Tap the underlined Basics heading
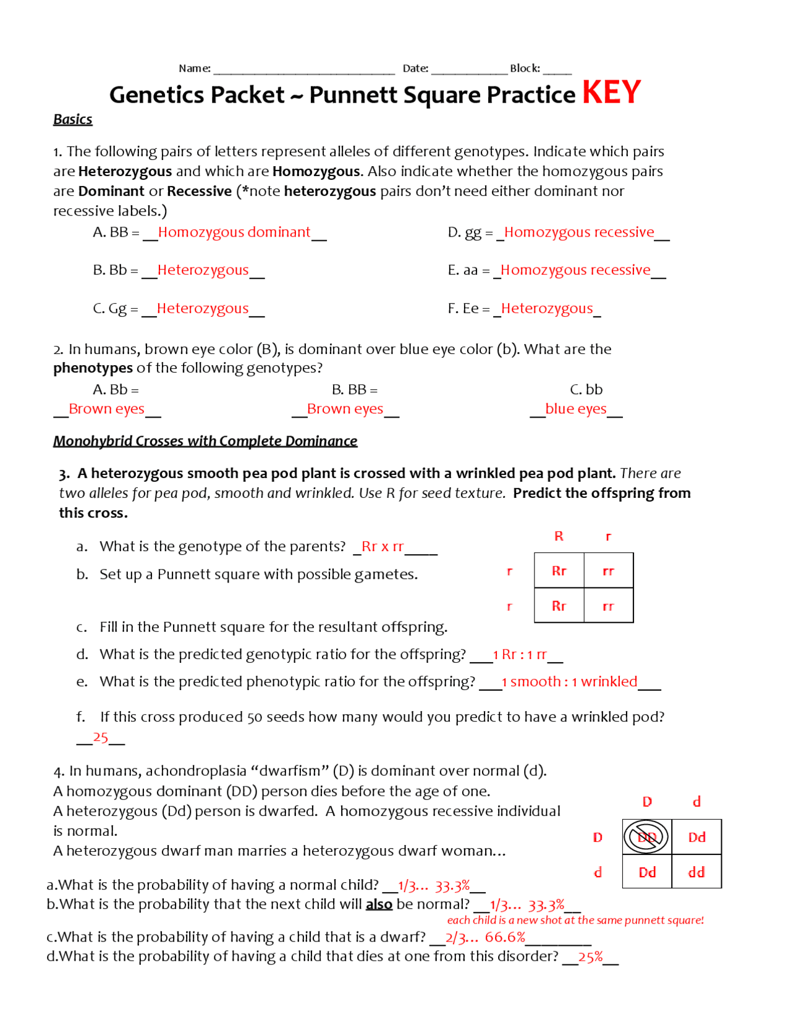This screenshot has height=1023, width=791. [x=72, y=119]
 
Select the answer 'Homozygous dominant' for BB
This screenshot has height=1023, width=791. [x=234, y=232]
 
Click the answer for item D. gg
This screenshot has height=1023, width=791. [x=579, y=232]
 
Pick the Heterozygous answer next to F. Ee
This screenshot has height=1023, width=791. [x=547, y=308]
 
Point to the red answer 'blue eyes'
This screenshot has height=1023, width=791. [x=575, y=409]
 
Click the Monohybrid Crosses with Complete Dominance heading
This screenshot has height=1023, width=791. [x=205, y=441]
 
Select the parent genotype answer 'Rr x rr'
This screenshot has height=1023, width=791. [x=383, y=547]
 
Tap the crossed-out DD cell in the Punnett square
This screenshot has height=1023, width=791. [x=646, y=837]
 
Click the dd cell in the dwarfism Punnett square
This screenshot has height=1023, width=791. [x=696, y=872]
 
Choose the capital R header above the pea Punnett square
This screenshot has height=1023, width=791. [x=559, y=536]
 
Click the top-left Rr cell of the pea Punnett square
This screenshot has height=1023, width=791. [x=559, y=571]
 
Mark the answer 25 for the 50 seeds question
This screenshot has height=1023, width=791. [x=101, y=737]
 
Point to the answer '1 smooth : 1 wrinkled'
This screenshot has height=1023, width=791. [x=569, y=682]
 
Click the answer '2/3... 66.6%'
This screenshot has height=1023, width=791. [x=485, y=937]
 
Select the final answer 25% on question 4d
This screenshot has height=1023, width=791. [x=590, y=957]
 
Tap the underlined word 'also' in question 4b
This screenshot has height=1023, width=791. [x=379, y=904]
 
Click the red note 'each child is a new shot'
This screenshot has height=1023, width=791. [x=575, y=920]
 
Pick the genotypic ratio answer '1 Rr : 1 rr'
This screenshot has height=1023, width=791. [x=520, y=655]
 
